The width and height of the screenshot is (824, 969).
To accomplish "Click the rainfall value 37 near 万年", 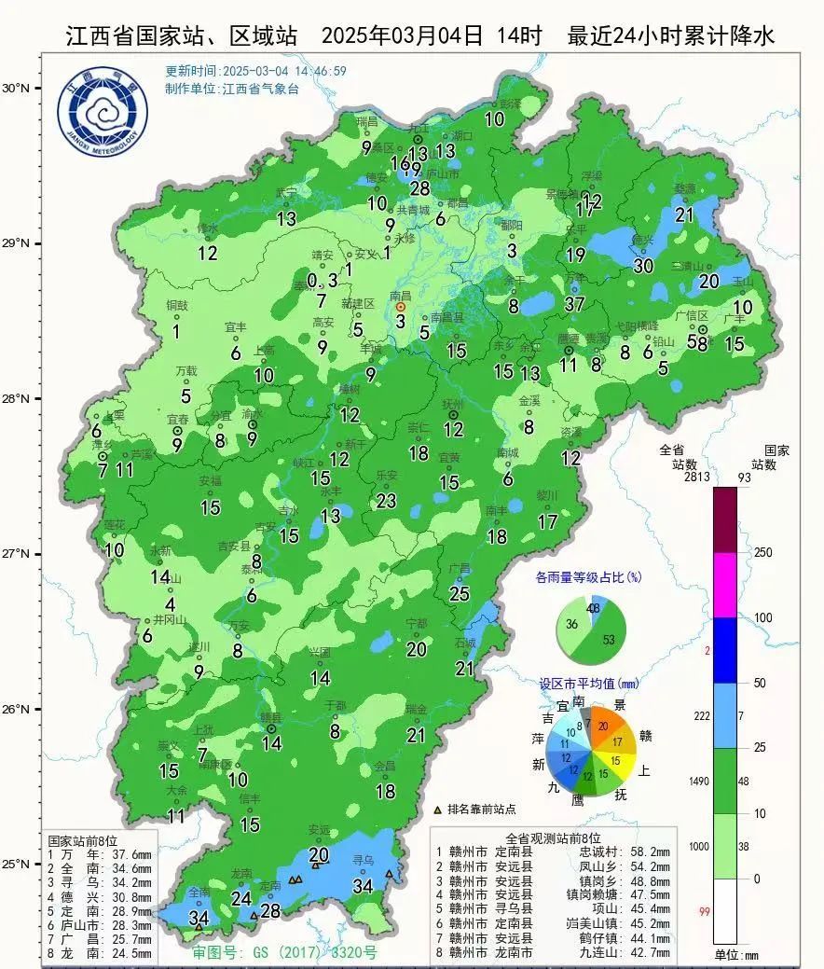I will [x=574, y=303].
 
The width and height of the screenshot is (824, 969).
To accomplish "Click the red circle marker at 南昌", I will [x=401, y=306].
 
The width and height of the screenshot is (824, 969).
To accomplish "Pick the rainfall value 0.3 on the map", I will [x=323, y=280].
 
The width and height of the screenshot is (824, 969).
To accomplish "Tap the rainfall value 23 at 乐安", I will [x=387, y=500].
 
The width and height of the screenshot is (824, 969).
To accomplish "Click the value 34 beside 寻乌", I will [x=363, y=885].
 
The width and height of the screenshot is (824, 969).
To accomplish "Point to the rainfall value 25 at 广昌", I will [x=460, y=592].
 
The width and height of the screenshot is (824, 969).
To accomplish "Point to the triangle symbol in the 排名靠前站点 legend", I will [x=438, y=810].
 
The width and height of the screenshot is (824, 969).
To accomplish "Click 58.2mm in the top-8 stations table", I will [x=649, y=851].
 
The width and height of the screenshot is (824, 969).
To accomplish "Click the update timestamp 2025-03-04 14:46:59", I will [x=256, y=71].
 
